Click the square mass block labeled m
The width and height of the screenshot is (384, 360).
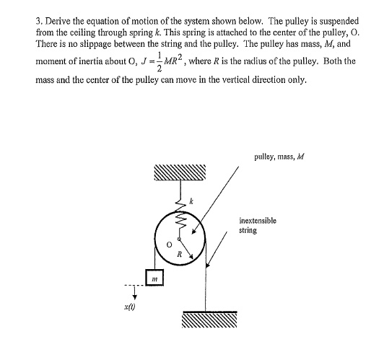pyautogui.click(x=154, y=277)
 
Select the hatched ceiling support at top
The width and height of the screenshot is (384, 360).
pyautogui.click(x=179, y=174)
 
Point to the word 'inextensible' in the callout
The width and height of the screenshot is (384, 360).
pyautogui.click(x=258, y=221)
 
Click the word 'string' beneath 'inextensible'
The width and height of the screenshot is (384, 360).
pyautogui.click(x=248, y=231)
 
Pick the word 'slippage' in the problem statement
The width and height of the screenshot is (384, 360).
pyautogui.click(x=84, y=45)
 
